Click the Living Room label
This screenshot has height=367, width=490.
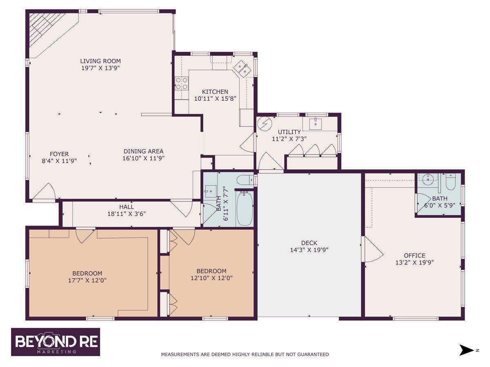[100, 61]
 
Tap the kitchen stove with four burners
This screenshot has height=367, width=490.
[181, 83]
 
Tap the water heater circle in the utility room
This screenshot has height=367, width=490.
[265, 123]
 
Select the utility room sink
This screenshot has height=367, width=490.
[316, 122]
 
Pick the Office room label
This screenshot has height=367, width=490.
[414, 255]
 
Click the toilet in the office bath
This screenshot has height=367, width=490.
[450, 182]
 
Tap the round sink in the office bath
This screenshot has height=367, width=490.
[428, 178]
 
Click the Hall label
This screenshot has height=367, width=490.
[127, 207]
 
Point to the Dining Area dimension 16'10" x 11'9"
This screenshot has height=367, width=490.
[144, 158]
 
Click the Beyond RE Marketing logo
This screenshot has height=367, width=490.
[56, 342]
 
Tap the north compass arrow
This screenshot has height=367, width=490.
[467, 350]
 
